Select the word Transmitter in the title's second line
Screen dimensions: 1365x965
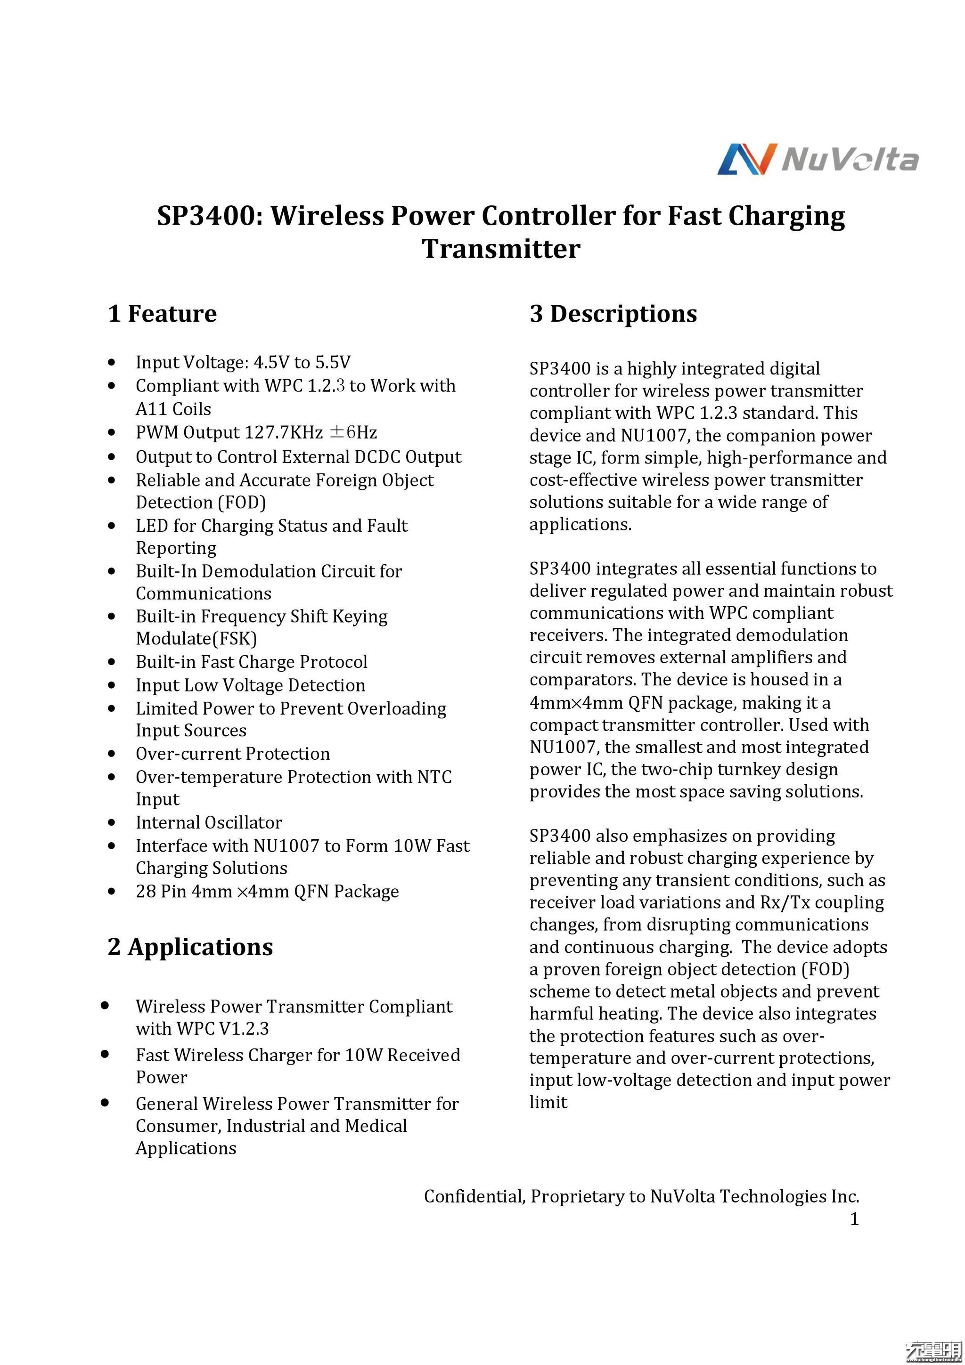point(500,249)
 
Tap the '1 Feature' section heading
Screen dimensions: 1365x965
point(162,313)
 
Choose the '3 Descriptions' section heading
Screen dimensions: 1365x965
point(613,313)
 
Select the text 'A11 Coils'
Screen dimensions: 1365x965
point(173,409)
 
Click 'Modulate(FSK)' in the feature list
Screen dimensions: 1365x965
point(196,639)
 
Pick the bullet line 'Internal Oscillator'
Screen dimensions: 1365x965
point(209,822)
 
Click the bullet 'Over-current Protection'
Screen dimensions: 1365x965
point(232,753)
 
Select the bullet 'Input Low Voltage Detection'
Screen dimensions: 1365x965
point(250,685)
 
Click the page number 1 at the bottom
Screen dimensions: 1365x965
point(854,1219)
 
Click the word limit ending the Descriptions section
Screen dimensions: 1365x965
point(548,1102)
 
